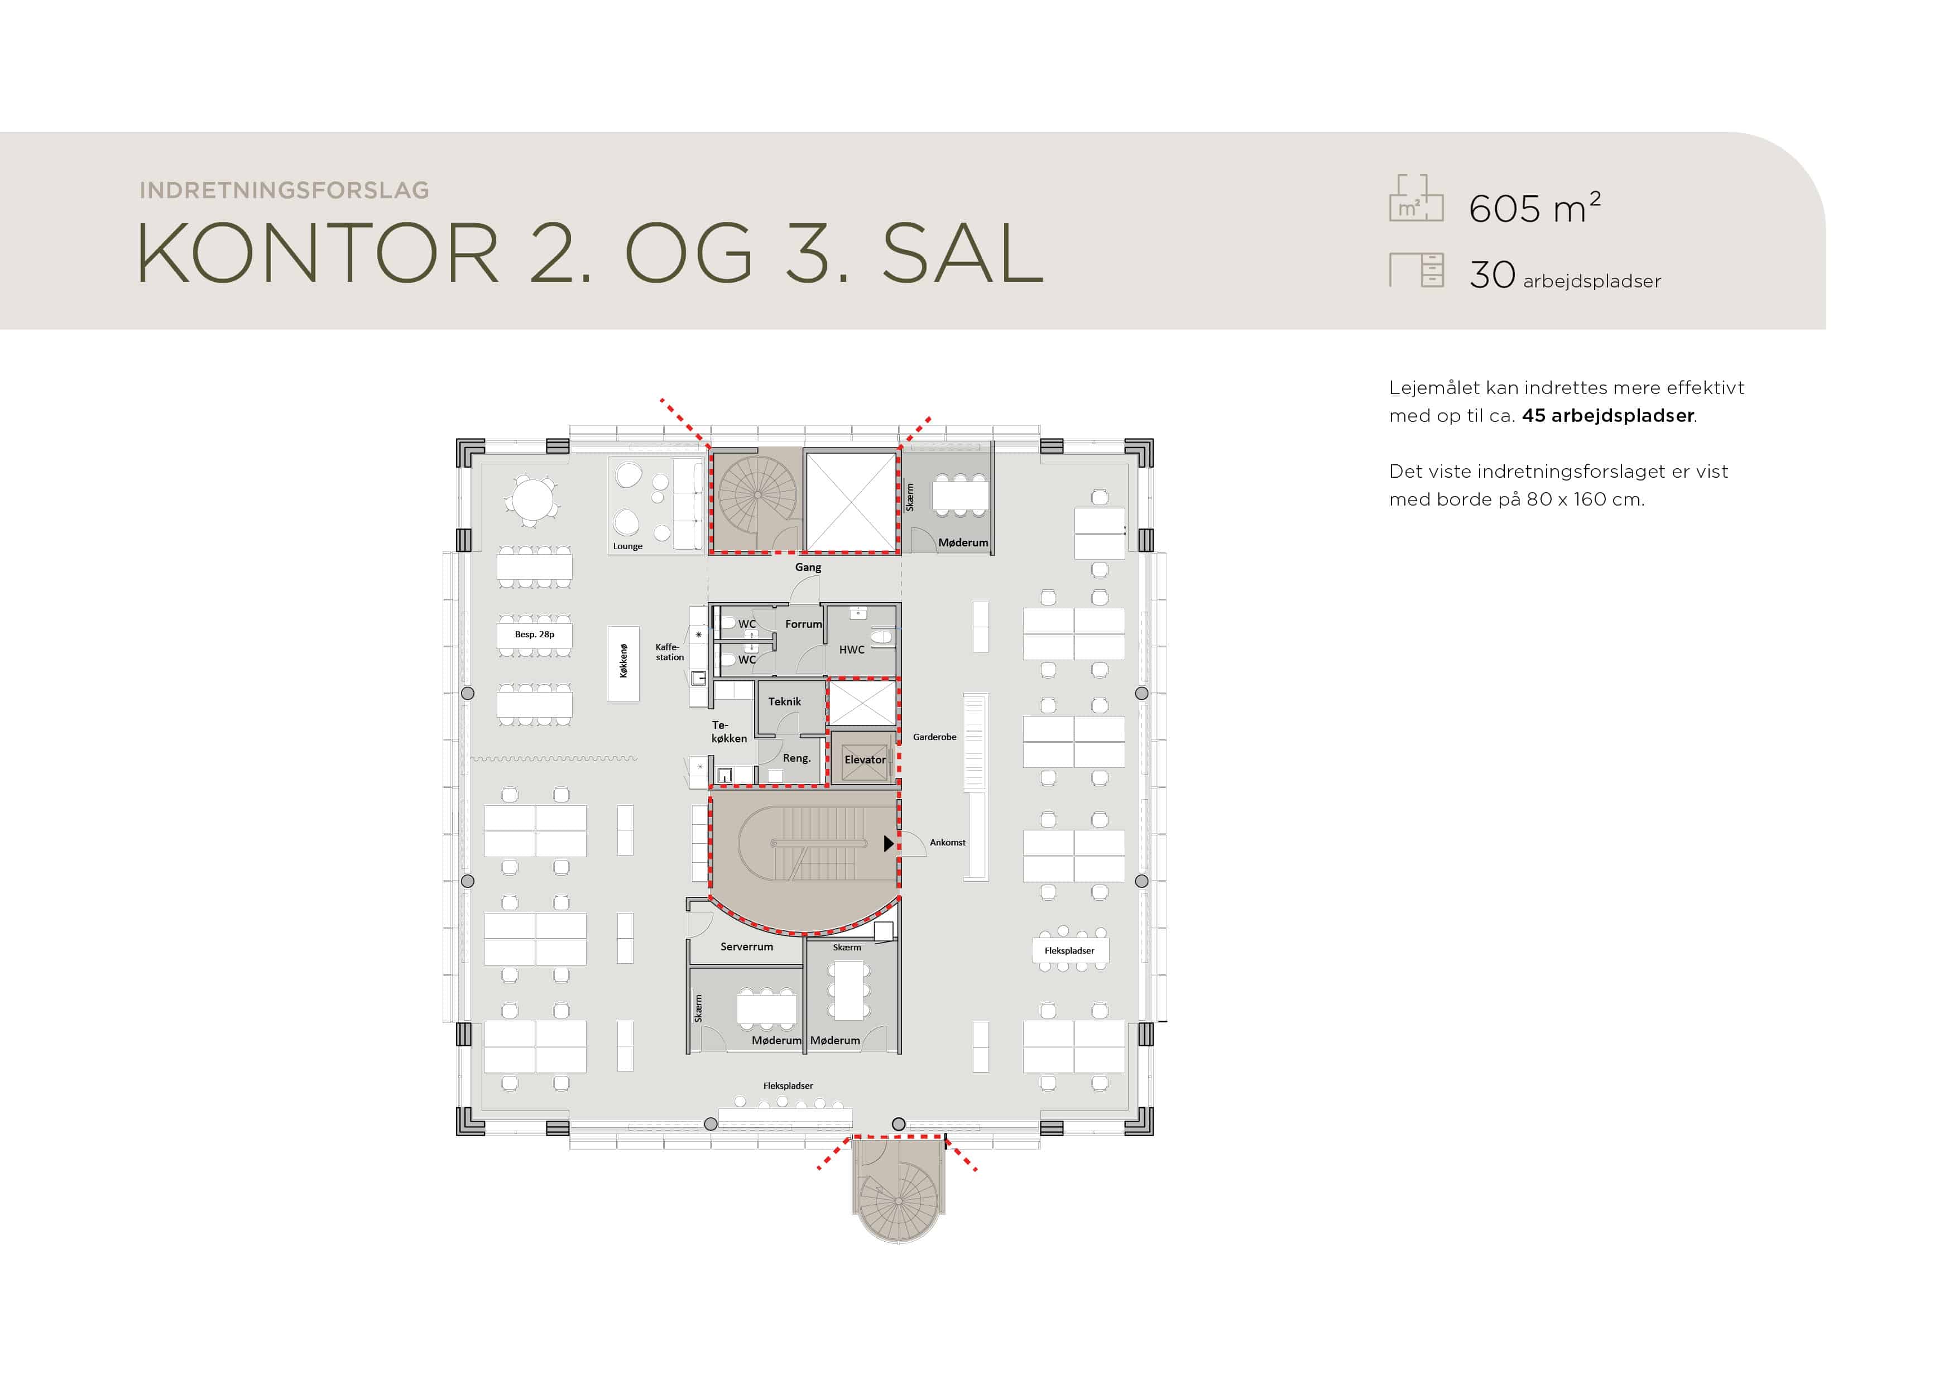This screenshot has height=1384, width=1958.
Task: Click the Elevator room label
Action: point(865,760)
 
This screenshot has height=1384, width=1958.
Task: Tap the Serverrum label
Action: point(747,946)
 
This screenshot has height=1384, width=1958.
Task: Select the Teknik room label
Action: point(785,702)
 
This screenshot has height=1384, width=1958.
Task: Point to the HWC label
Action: point(852,650)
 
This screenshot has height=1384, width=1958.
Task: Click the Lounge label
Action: point(628,546)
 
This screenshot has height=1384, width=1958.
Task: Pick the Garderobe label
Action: point(935,737)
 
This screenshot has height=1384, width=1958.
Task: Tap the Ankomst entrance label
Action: point(947,843)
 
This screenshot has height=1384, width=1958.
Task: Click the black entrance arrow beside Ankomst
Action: point(889,843)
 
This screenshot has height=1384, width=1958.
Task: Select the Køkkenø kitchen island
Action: point(623,664)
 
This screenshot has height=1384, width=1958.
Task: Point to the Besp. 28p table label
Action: point(535,635)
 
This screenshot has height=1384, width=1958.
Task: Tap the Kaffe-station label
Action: point(669,652)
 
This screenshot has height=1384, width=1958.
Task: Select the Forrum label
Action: point(803,624)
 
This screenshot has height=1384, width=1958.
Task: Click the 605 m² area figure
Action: point(1535,208)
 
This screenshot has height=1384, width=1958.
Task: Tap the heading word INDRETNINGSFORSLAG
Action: point(284,190)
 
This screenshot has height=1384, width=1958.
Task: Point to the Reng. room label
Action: point(796,758)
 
